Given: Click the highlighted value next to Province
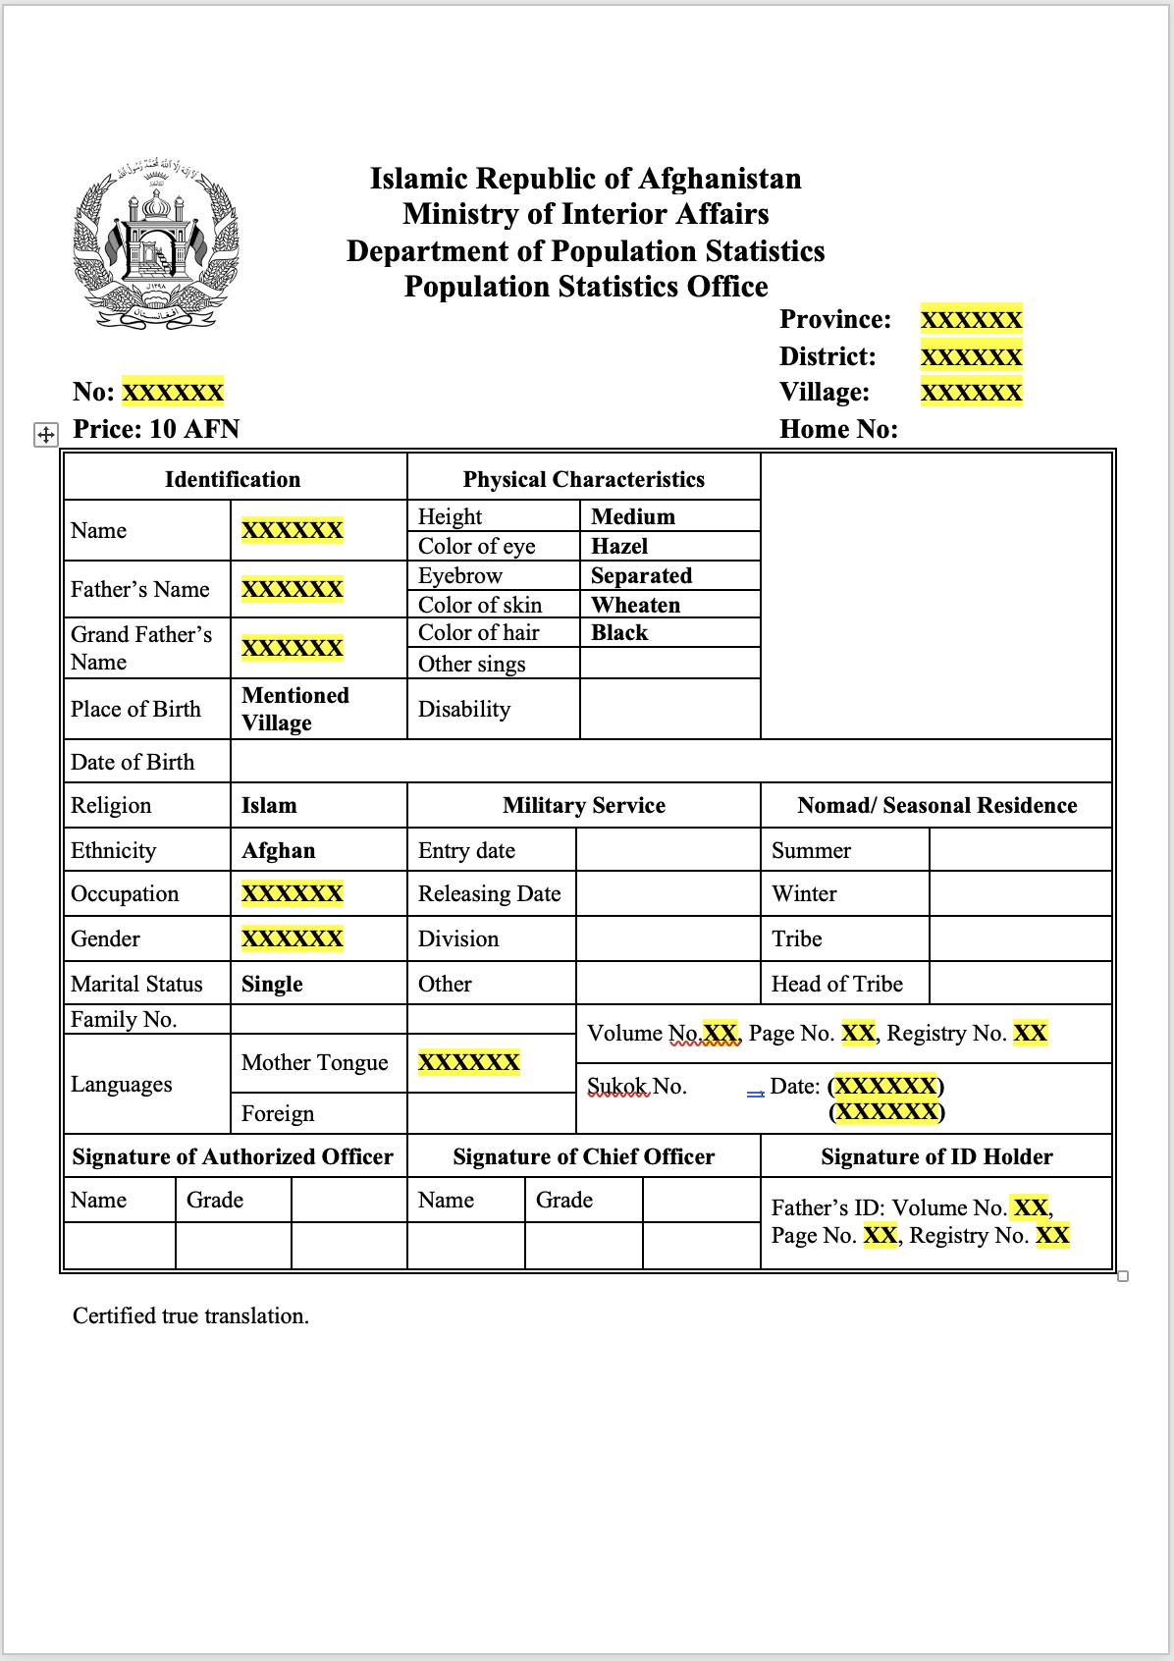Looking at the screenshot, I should [971, 320].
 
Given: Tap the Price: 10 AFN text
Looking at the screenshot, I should [156, 429].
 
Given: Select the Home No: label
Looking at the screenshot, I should [838, 429].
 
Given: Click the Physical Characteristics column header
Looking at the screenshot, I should [583, 479].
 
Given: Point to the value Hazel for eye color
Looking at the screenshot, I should [619, 546].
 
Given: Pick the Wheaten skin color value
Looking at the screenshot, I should [635, 605].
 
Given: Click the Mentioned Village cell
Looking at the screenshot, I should [294, 709].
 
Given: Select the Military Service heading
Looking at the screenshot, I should [583, 805].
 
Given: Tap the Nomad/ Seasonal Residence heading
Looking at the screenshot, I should [936, 805].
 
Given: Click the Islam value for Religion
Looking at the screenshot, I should [269, 805].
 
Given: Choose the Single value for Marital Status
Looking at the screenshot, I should [272, 984].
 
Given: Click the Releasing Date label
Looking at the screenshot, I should [489, 893].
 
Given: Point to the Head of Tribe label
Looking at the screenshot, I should [836, 984].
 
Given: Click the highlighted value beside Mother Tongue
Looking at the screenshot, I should [468, 1062].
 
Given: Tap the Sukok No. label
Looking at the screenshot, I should [636, 1086].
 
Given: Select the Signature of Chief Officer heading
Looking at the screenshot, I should [583, 1156].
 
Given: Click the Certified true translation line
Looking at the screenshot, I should [190, 1315].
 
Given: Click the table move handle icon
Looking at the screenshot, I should [46, 434].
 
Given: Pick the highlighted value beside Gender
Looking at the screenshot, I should [292, 938].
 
